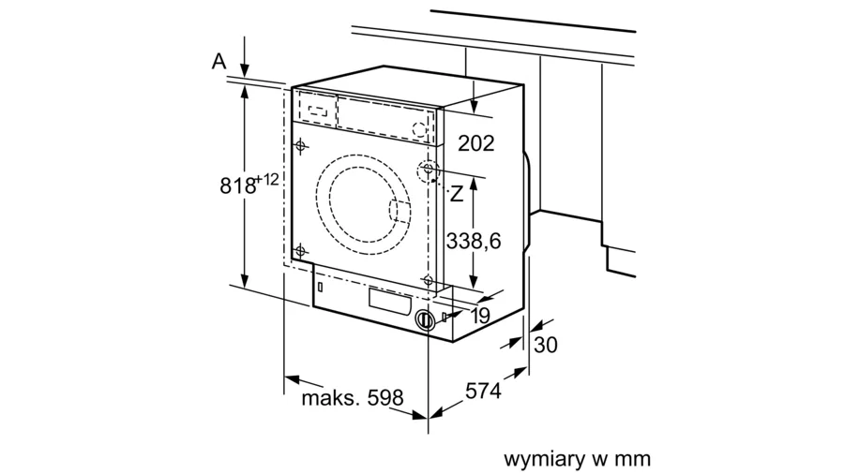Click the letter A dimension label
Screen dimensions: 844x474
click(x=219, y=61)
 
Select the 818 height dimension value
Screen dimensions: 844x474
click(x=238, y=185)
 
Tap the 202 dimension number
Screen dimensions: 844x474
click(x=475, y=143)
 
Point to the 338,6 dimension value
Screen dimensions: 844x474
click(x=474, y=242)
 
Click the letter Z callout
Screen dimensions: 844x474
click(x=457, y=194)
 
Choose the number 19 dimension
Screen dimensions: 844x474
click(x=481, y=316)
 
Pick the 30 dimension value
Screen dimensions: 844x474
click(x=545, y=345)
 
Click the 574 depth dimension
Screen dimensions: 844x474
click(x=483, y=391)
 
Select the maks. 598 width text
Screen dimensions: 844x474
click(x=352, y=398)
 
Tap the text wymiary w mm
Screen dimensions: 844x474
click(x=577, y=459)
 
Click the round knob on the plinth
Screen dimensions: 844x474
click(x=425, y=320)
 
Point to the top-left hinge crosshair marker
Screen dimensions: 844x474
click(x=300, y=145)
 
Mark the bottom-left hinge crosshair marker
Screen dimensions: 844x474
click(x=300, y=250)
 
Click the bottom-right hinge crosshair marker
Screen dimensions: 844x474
click(x=429, y=280)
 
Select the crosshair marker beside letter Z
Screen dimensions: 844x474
click(x=428, y=170)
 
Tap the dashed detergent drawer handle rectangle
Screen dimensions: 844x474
click(x=317, y=111)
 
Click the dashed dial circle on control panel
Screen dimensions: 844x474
click(x=419, y=129)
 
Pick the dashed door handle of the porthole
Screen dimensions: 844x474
click(x=399, y=211)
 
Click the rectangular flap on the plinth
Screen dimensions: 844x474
click(x=390, y=301)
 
